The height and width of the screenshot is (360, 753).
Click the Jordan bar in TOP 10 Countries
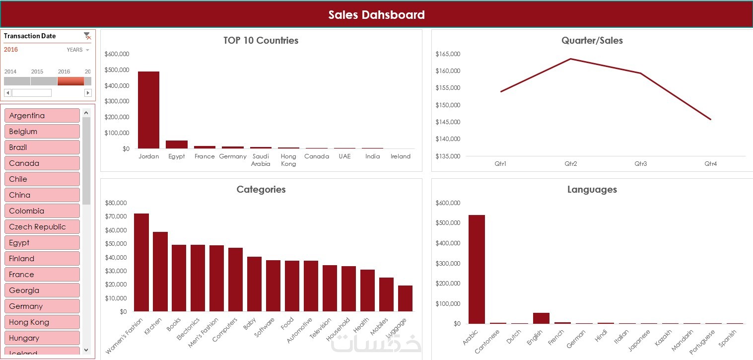tap(148, 110)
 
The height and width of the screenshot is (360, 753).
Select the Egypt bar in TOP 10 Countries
tap(177, 144)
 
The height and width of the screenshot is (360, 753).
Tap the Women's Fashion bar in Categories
tap(141, 263)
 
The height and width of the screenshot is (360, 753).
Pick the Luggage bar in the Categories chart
tap(405, 298)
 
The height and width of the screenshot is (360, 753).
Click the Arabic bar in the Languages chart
tap(477, 269)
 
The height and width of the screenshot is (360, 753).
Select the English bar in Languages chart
tap(541, 318)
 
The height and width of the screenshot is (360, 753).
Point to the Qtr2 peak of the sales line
tap(571, 59)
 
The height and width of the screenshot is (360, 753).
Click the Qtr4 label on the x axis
tap(710, 164)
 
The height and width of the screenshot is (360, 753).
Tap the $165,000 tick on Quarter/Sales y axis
tap(448, 54)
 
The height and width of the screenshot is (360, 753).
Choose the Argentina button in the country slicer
tap(42, 116)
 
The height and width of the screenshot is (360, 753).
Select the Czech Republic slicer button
tap(42, 227)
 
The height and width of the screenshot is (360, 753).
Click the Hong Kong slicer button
tap(42, 322)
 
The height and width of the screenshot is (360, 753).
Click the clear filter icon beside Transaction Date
tap(87, 36)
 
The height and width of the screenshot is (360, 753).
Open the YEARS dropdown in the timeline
tap(78, 50)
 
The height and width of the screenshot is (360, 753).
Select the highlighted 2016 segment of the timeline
tap(70, 81)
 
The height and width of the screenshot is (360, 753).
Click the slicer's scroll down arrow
tap(86, 350)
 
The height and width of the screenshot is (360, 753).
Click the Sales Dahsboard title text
tap(376, 15)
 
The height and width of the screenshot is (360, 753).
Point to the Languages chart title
tap(592, 189)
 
